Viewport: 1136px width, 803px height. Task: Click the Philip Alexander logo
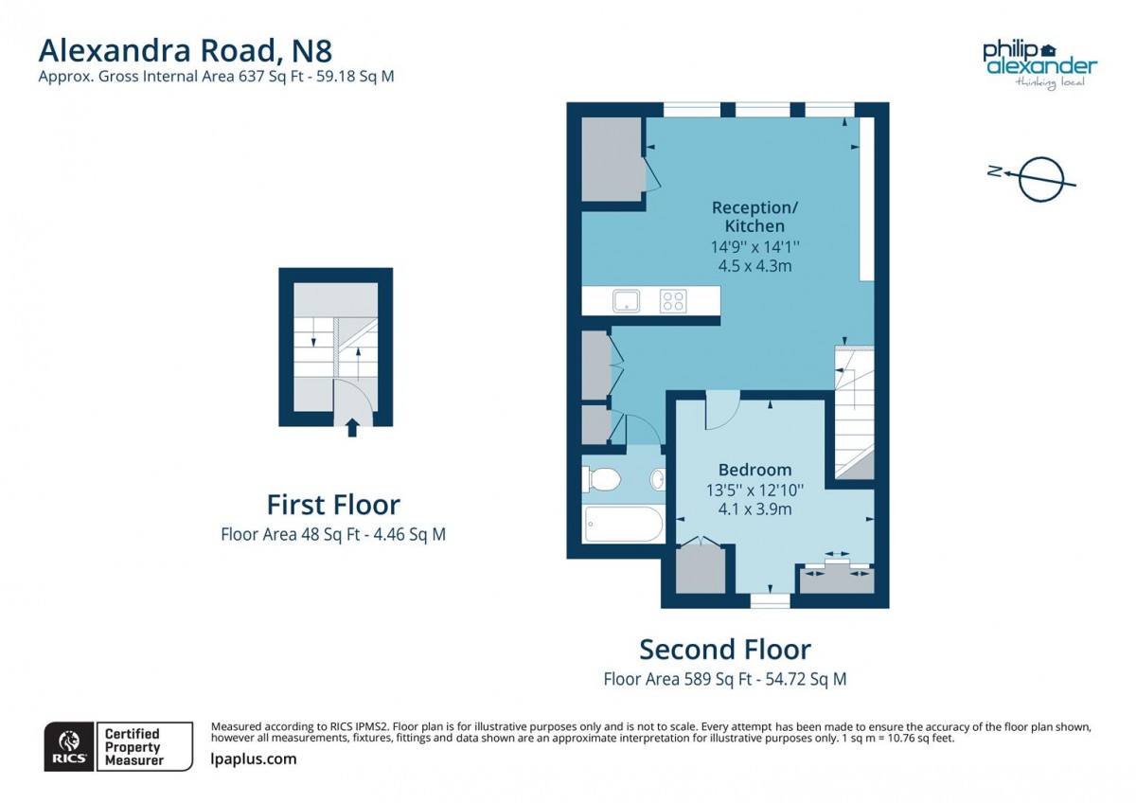click(x=1039, y=63)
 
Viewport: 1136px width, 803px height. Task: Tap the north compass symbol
click(x=1039, y=177)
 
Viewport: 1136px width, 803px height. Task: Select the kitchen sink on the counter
click(x=626, y=301)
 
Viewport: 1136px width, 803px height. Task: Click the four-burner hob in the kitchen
click(x=673, y=301)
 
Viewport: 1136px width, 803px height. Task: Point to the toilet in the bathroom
click(x=601, y=480)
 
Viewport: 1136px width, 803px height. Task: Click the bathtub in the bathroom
click(x=624, y=525)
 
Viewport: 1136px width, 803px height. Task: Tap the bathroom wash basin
click(x=658, y=481)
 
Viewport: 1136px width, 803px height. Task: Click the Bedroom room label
click(x=754, y=470)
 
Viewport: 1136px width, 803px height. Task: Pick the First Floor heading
click(x=333, y=504)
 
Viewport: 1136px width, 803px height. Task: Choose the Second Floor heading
click(x=725, y=650)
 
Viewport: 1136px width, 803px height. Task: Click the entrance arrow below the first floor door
click(x=352, y=428)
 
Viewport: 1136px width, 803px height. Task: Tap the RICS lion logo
click(x=69, y=746)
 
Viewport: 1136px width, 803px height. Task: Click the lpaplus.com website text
click(x=253, y=758)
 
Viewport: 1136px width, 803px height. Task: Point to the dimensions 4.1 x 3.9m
click(x=754, y=509)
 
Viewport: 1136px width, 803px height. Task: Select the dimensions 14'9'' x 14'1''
click(x=754, y=246)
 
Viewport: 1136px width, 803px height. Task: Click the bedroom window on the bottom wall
click(x=770, y=600)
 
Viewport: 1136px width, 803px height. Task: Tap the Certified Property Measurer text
click(x=133, y=746)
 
